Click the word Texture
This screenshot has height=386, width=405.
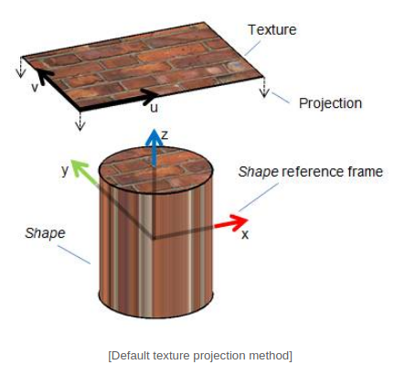[272, 30]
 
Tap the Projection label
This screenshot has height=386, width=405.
[330, 103]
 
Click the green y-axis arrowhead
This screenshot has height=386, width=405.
[79, 166]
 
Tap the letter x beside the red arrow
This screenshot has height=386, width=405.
[245, 234]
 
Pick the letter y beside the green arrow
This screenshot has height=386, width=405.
[65, 170]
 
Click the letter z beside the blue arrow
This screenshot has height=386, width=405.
[165, 134]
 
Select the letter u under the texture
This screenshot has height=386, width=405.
[155, 108]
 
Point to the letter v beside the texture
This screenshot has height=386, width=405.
[35, 88]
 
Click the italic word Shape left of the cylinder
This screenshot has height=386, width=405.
[45, 233]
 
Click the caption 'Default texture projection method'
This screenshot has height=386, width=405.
[200, 356]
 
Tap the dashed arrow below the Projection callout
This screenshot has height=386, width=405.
[264, 87]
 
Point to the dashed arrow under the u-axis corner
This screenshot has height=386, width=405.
[80, 121]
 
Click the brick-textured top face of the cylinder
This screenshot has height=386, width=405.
[155, 169]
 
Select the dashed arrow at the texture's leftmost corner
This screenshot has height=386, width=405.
[21, 67]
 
